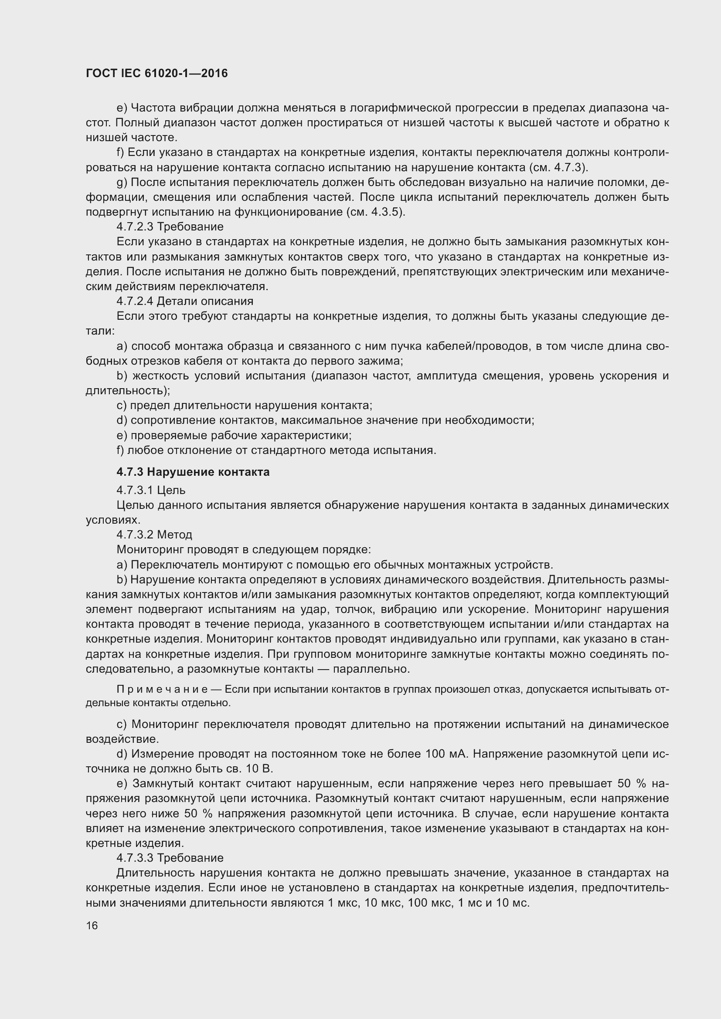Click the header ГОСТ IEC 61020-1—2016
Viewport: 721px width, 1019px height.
(157, 73)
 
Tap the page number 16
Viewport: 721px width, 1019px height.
(92, 925)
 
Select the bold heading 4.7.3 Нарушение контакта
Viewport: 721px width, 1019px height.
(193, 472)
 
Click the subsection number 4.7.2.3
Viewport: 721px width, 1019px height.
(135, 227)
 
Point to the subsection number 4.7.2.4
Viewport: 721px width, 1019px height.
(135, 301)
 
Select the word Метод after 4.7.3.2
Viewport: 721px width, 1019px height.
(174, 535)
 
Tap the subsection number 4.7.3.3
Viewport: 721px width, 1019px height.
(135, 857)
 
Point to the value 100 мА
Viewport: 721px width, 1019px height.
(446, 754)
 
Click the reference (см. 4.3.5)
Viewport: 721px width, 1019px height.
(375, 212)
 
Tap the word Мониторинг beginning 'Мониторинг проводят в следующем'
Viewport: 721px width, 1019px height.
(150, 549)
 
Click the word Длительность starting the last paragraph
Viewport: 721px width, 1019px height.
(155, 873)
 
